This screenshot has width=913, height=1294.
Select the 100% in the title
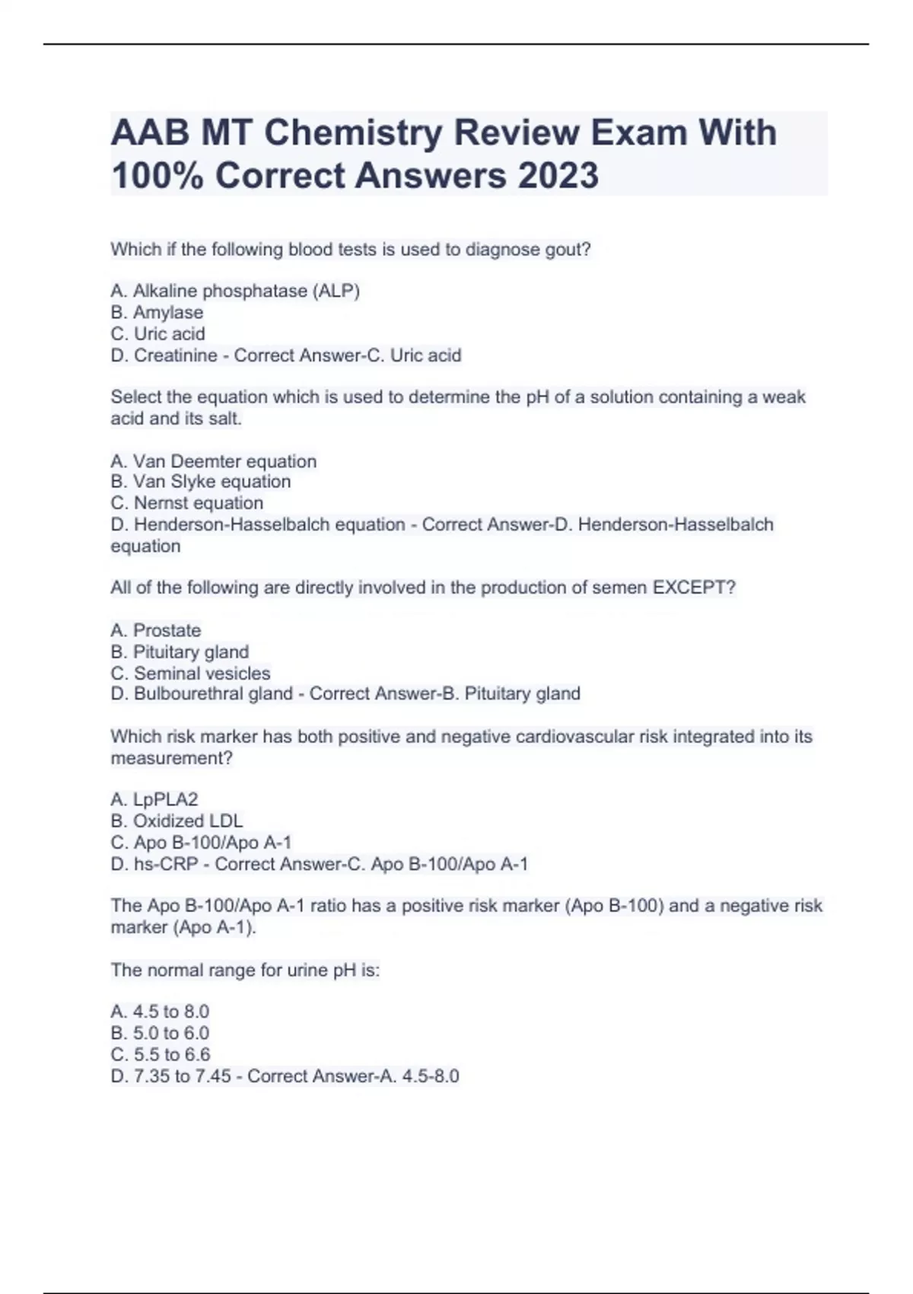pyautogui.click(x=157, y=176)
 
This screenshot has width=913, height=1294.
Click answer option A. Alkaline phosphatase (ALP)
pyautogui.click(x=235, y=291)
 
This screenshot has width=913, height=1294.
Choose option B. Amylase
pyautogui.click(x=157, y=312)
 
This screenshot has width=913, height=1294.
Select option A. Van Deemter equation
pyautogui.click(x=213, y=461)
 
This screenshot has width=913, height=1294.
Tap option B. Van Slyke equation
pyautogui.click(x=201, y=482)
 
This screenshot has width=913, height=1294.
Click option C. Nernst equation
pyautogui.click(x=187, y=503)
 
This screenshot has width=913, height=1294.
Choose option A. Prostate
pyautogui.click(x=156, y=630)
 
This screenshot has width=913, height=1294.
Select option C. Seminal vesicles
pyautogui.click(x=190, y=674)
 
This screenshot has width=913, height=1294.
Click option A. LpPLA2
pyautogui.click(x=154, y=799)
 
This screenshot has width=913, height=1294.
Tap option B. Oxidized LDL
pyautogui.click(x=177, y=821)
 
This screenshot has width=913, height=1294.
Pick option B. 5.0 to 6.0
pyautogui.click(x=160, y=1033)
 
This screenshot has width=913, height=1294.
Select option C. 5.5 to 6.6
pyautogui.click(x=161, y=1055)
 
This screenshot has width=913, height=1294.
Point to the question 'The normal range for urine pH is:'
pyautogui.click(x=245, y=971)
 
